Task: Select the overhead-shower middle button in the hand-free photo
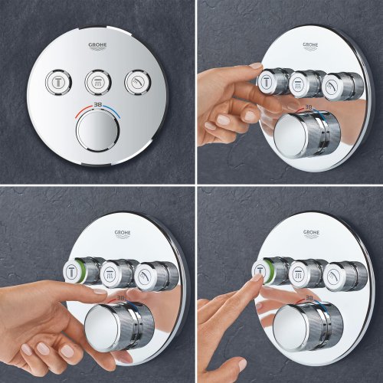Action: [x=96, y=79]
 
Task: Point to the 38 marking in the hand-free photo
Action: [x=96, y=110]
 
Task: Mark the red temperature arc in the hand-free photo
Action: [x=77, y=114]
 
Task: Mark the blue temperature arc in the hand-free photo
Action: [x=115, y=114]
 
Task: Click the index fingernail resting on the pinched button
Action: [x=255, y=67]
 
